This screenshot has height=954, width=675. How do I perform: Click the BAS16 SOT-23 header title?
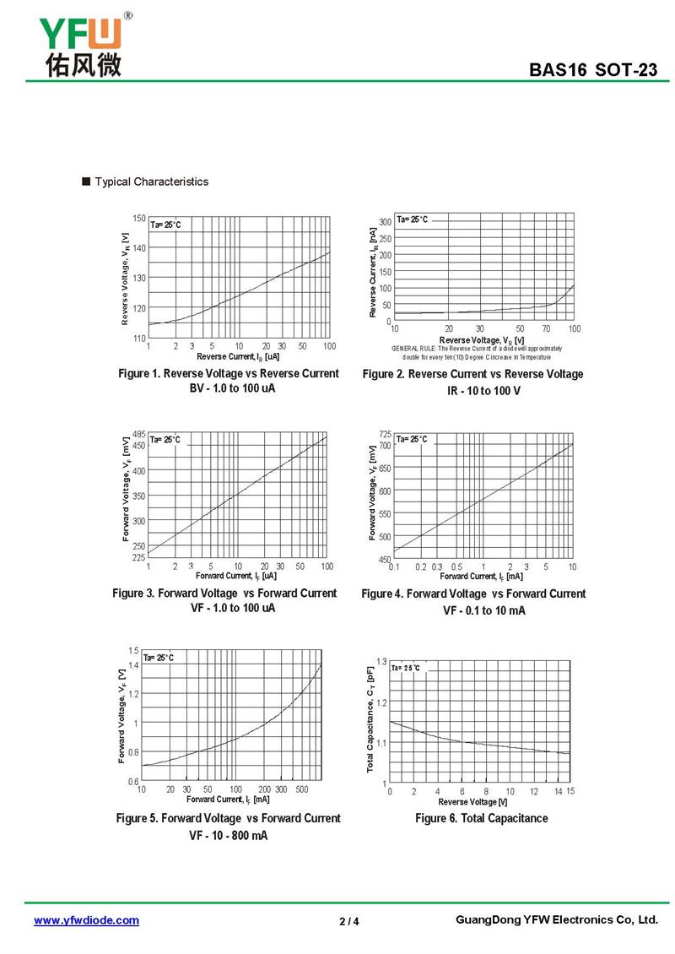tap(592, 70)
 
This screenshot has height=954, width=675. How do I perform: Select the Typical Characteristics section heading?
tap(151, 182)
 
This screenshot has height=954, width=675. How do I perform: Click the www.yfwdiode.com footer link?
tap(86, 920)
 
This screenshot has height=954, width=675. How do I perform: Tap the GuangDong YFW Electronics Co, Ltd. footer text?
tap(555, 919)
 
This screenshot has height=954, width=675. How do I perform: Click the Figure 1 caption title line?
tap(229, 373)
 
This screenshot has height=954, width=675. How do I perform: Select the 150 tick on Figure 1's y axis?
tap(139, 219)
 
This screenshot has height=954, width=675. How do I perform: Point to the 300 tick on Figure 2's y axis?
tap(385, 222)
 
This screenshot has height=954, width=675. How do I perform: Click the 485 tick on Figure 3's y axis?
tap(139, 434)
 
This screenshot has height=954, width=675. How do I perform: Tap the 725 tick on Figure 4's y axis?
tap(385, 434)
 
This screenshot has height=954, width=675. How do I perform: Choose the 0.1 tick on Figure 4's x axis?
tap(394, 566)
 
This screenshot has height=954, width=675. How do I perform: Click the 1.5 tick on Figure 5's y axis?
tap(133, 650)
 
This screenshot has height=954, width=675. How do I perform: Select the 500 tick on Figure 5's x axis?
tap(303, 789)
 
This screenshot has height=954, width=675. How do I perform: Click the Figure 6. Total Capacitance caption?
tap(481, 818)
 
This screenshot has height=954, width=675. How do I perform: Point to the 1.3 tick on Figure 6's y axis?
tap(381, 661)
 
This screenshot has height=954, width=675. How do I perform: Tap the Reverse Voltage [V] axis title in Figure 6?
tap(472, 801)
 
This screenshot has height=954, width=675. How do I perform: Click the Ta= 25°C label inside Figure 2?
tap(413, 220)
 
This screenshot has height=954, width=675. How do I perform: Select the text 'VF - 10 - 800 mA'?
tap(229, 836)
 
